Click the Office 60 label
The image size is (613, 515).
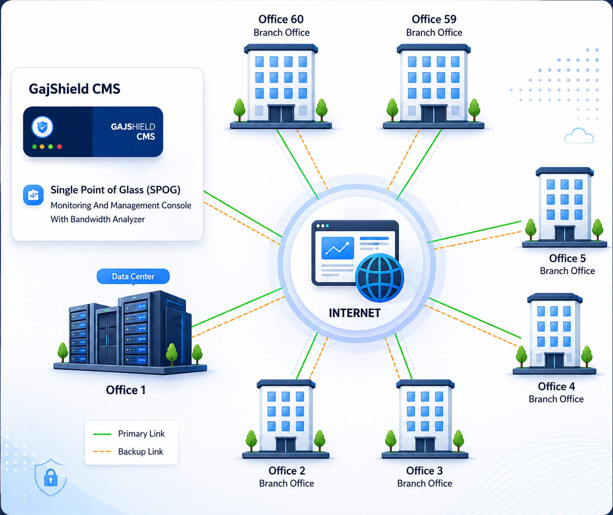(x=281, y=19)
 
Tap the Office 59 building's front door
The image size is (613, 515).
(x=433, y=114)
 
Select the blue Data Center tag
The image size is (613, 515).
(x=133, y=277)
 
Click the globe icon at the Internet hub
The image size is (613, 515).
(x=379, y=277)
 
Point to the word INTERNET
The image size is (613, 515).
(x=355, y=313)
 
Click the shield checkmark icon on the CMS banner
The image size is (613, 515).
(x=43, y=128)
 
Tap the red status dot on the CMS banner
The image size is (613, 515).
(x=60, y=147)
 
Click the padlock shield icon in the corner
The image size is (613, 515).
(x=51, y=478)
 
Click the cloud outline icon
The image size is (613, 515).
(x=579, y=136)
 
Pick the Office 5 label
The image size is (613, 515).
(x=567, y=259)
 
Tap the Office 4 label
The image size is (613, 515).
(x=556, y=386)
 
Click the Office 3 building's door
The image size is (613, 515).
(x=424, y=445)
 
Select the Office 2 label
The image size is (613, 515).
(x=287, y=471)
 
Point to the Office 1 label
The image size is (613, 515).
(x=125, y=390)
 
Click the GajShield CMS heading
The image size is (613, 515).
(x=74, y=89)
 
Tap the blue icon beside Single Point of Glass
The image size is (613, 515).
(x=33, y=195)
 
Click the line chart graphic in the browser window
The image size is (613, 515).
(x=338, y=248)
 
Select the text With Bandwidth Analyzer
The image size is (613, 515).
(x=98, y=219)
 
